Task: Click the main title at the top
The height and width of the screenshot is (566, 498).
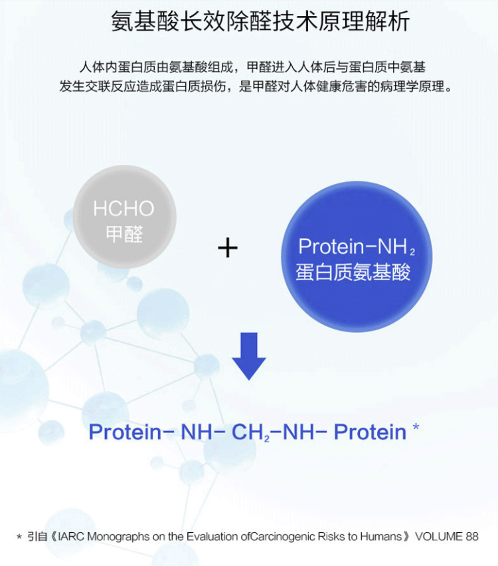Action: tap(260, 22)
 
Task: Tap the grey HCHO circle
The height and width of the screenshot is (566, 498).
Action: tap(125, 217)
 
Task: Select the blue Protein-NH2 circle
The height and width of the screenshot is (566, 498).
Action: tap(357, 256)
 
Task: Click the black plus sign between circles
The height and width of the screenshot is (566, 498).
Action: tap(228, 248)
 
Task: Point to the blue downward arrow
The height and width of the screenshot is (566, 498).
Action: tap(249, 356)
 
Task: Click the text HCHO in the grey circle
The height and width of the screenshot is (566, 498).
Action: tap(124, 209)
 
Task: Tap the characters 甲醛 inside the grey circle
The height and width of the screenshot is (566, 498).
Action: tap(125, 235)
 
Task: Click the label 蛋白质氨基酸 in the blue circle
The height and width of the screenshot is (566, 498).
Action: tap(353, 272)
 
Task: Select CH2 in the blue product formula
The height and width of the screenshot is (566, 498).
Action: tap(250, 432)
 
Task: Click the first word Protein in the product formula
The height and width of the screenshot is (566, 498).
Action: tap(125, 432)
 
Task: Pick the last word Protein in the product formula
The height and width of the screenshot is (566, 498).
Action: tap(370, 432)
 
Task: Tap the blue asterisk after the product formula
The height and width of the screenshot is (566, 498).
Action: tap(416, 427)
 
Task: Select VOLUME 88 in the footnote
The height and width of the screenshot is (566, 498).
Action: tap(447, 536)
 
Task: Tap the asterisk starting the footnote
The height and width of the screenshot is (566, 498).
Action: tap(19, 537)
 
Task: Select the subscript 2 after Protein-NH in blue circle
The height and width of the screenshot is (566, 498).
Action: tap(412, 252)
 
